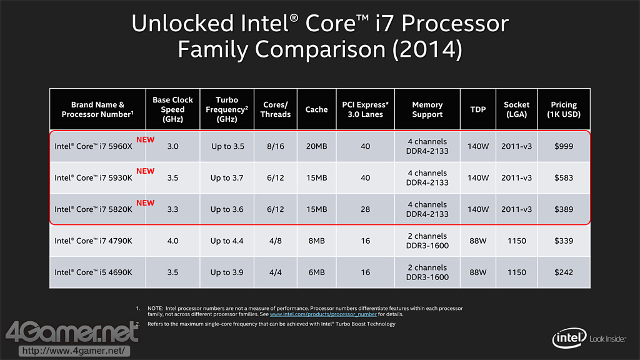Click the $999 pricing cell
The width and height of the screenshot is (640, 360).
[x=564, y=146]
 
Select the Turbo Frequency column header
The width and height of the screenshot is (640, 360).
[x=227, y=109]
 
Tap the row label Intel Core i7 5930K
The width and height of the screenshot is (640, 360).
[x=93, y=178]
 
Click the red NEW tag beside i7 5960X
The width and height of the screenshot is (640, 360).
[x=145, y=140]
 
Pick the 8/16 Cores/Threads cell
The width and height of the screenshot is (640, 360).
[x=276, y=146]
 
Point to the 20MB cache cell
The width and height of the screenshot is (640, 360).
[x=316, y=146]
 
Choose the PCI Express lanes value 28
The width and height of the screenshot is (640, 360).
[x=366, y=209]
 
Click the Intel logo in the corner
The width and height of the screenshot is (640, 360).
[x=568, y=339]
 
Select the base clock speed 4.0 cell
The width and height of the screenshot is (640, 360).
[x=172, y=241]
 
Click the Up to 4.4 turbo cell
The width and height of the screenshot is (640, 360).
[x=227, y=241]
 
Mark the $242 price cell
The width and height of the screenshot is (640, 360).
[x=564, y=272]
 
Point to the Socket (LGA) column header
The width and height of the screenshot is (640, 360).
[x=516, y=109]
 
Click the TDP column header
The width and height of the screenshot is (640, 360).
[x=478, y=109]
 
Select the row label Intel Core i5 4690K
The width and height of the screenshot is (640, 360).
[x=93, y=272]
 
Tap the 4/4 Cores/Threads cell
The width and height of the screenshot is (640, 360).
[x=276, y=272]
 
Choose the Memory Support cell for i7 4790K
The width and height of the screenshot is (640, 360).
[x=427, y=241]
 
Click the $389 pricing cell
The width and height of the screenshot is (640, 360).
[x=564, y=209]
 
